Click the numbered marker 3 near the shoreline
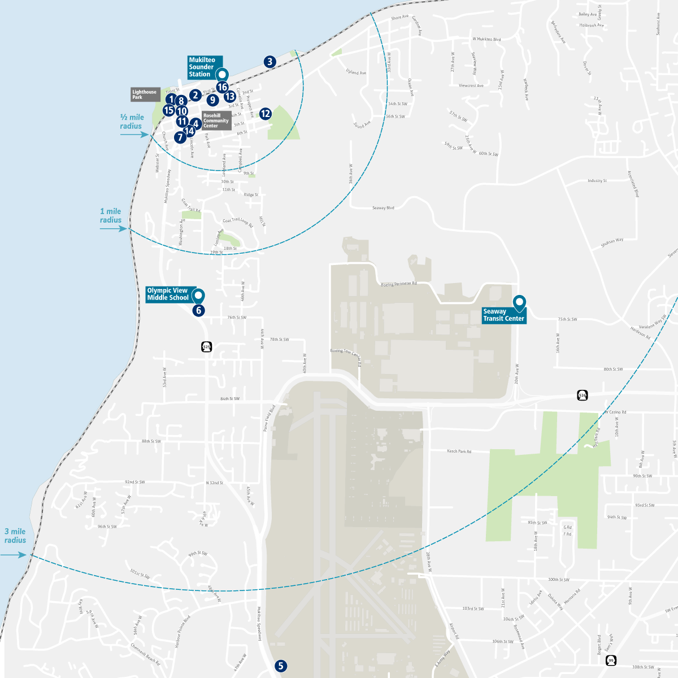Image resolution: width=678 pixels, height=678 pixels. (270, 62)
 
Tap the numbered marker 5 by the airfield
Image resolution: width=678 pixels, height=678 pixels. (281, 666)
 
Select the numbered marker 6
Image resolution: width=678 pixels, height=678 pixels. (198, 310)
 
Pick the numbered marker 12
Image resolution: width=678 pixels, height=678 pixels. (265, 114)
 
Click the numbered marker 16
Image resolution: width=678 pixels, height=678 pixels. (222, 87)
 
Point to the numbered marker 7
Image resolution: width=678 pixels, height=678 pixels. (180, 137)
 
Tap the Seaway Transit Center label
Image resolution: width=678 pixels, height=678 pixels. (503, 315)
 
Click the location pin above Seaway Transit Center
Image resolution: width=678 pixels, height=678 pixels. (519, 302)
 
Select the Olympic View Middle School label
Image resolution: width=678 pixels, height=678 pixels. (168, 294)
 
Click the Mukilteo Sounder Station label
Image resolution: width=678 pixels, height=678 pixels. (202, 67)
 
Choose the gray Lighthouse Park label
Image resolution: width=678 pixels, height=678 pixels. (145, 94)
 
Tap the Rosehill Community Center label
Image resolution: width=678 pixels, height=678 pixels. (216, 121)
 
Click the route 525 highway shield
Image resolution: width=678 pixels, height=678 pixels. (206, 347)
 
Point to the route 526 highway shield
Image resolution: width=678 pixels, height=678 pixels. (583, 395)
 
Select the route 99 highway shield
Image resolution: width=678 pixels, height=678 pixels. (610, 660)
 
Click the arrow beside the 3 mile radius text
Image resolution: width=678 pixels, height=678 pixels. (14, 555)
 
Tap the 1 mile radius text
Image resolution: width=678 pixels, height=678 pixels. (111, 216)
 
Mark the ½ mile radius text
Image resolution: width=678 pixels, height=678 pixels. (132, 121)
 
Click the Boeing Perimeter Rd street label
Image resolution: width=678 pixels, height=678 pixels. (398, 284)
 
